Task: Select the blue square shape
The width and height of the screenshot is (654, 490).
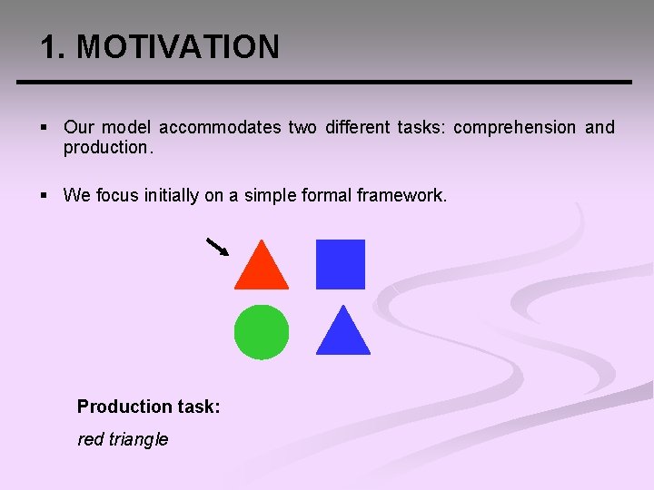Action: [x=341, y=264]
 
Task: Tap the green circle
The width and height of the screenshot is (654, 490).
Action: [x=262, y=332]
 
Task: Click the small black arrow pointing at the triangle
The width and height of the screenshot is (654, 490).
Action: [x=217, y=247]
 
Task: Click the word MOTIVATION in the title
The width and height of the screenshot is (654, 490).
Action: [x=178, y=47]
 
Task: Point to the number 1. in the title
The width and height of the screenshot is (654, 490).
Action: [x=54, y=47]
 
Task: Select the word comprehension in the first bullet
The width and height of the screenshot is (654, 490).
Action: [x=514, y=128]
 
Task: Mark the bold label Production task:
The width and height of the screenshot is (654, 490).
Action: [x=148, y=407]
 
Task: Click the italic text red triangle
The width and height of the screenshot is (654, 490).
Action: [x=123, y=439]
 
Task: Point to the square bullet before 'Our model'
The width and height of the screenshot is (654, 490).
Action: [x=45, y=128]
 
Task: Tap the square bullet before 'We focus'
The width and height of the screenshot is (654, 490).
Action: [x=45, y=195]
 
